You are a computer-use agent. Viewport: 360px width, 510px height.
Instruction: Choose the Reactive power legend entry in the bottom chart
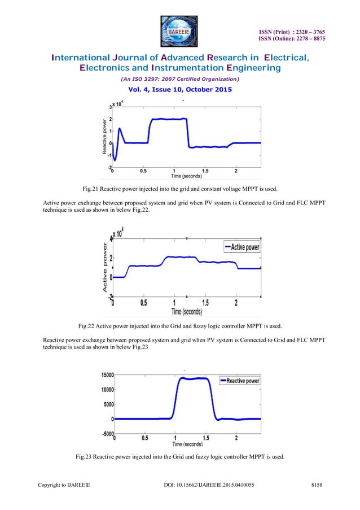(239, 381)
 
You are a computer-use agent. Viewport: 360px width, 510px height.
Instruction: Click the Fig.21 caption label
(93, 188)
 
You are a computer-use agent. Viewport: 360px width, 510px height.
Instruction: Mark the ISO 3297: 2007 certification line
(179, 80)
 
